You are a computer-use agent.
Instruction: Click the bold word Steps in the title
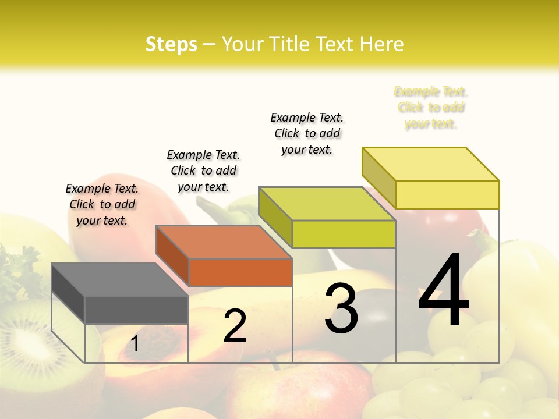[171, 44]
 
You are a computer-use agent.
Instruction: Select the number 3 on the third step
[341, 308]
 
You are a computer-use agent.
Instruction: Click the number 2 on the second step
[235, 326]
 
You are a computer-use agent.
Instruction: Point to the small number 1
[135, 343]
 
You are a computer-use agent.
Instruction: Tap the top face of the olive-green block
[326, 204]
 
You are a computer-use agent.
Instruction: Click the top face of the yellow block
[430, 164]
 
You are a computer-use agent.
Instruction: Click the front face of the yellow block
[447, 194]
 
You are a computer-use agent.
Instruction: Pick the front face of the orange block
[240, 272]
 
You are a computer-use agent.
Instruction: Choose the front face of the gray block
[137, 310]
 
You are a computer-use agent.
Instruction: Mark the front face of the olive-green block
[344, 234]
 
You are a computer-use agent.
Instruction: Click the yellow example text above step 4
[431, 108]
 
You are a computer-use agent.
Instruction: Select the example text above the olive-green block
[307, 133]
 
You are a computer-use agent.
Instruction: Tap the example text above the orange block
[203, 171]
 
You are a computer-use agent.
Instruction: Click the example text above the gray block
[102, 204]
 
